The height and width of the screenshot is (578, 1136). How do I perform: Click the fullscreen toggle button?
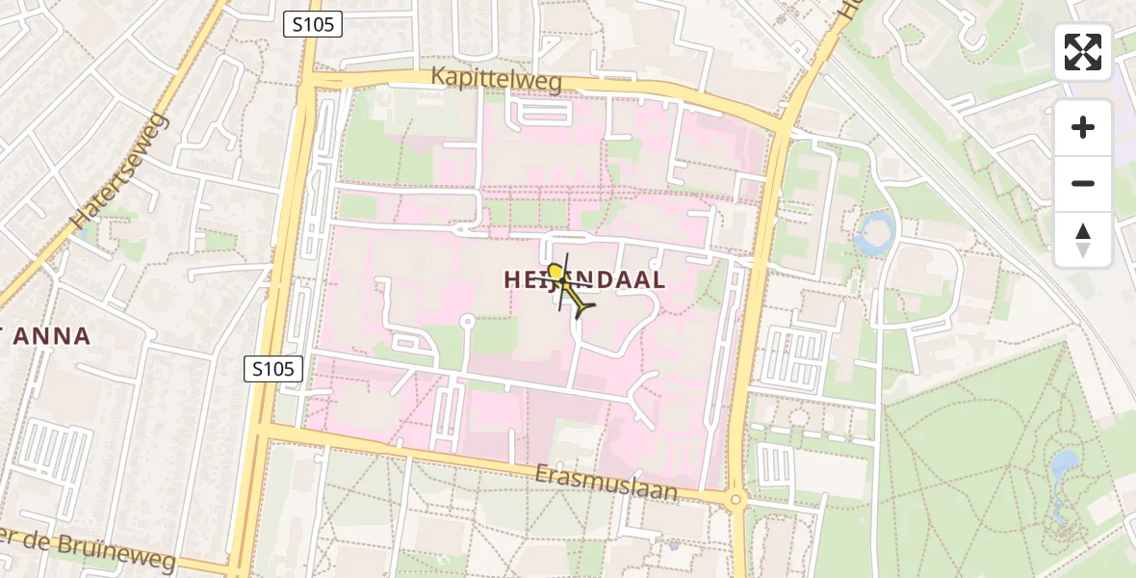click(1083, 52)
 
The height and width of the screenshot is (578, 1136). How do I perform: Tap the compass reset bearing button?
click(1083, 240)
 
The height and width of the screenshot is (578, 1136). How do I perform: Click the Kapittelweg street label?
click(497, 81)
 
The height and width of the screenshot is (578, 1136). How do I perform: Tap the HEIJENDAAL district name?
click(584, 280)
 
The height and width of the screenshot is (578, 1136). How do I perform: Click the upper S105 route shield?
click(313, 25)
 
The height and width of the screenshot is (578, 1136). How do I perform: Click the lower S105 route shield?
click(273, 368)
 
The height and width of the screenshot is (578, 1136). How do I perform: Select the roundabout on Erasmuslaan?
click(736, 499)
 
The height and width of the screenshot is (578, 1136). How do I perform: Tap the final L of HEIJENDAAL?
click(657, 280)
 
